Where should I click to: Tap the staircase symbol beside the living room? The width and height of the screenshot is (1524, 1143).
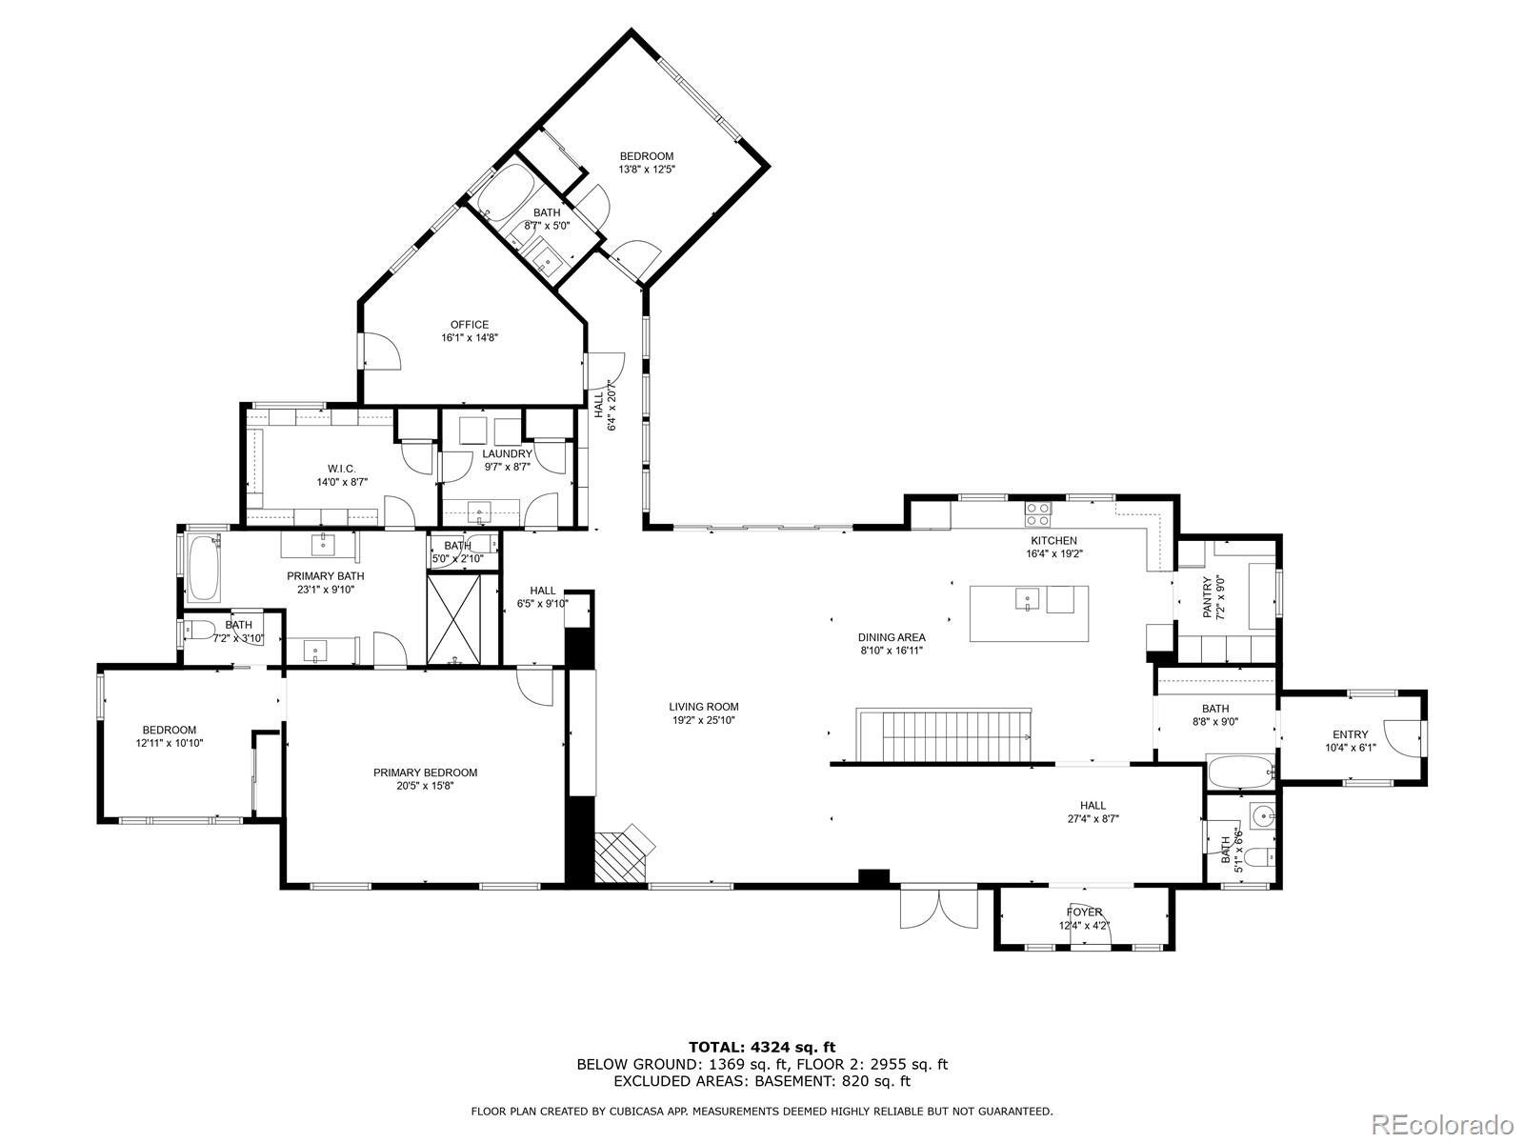[x=944, y=735]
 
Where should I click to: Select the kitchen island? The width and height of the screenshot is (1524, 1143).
[x=1029, y=613]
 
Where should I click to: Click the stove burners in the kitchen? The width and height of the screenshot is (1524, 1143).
[x=1038, y=514]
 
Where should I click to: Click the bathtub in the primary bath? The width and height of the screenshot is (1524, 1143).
[x=204, y=568]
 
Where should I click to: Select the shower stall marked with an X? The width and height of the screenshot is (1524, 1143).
[x=454, y=618]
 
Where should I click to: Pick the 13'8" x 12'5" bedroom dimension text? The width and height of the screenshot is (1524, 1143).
[x=647, y=170]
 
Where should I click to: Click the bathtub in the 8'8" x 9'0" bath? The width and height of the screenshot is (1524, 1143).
[x=1241, y=772]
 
